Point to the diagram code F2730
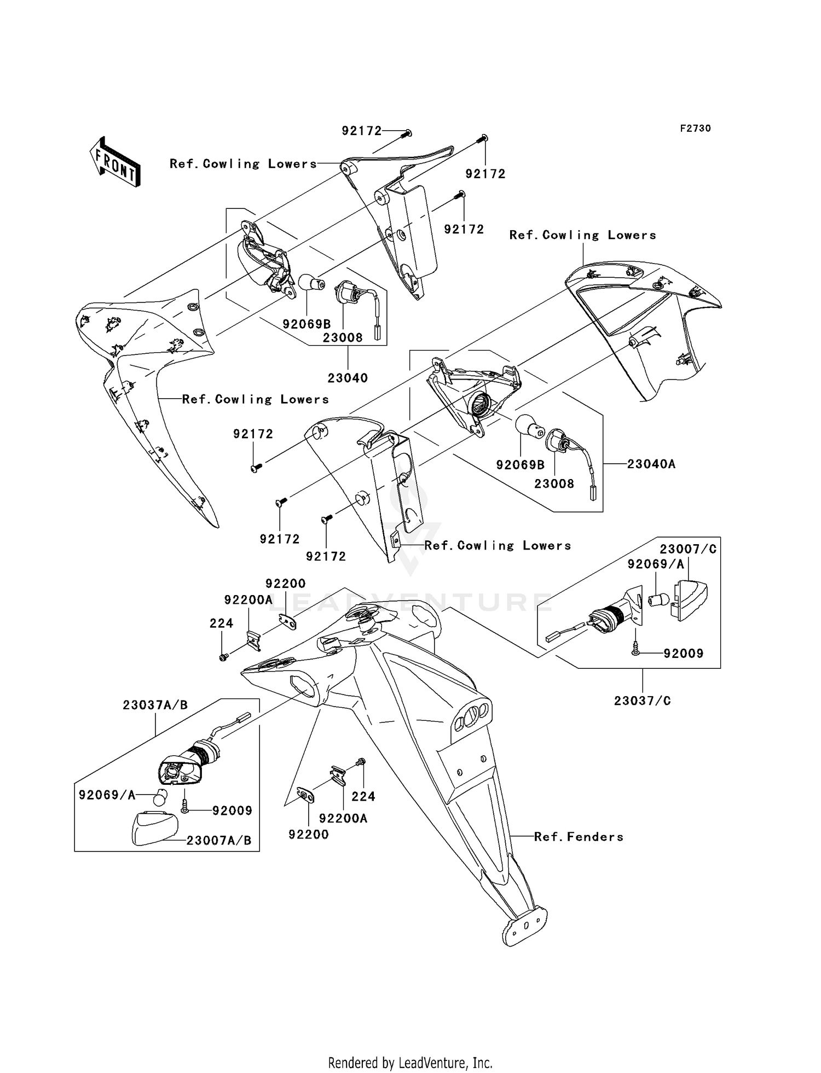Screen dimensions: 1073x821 pos(695,129)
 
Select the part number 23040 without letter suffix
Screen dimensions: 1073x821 pos(348,378)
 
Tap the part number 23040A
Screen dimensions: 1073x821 pos(651,464)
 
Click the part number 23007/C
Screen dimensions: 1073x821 pos(687,550)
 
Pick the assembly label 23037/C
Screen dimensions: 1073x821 pos(642,701)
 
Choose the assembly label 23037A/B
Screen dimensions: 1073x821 pos(155,705)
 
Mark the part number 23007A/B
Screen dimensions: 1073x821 pos(219,841)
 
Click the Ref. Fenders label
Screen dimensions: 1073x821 pos(579,837)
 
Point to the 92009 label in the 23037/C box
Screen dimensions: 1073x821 pos(683,654)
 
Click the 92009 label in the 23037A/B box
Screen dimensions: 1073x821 pos(232,810)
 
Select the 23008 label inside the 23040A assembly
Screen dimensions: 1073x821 pos(554,484)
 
